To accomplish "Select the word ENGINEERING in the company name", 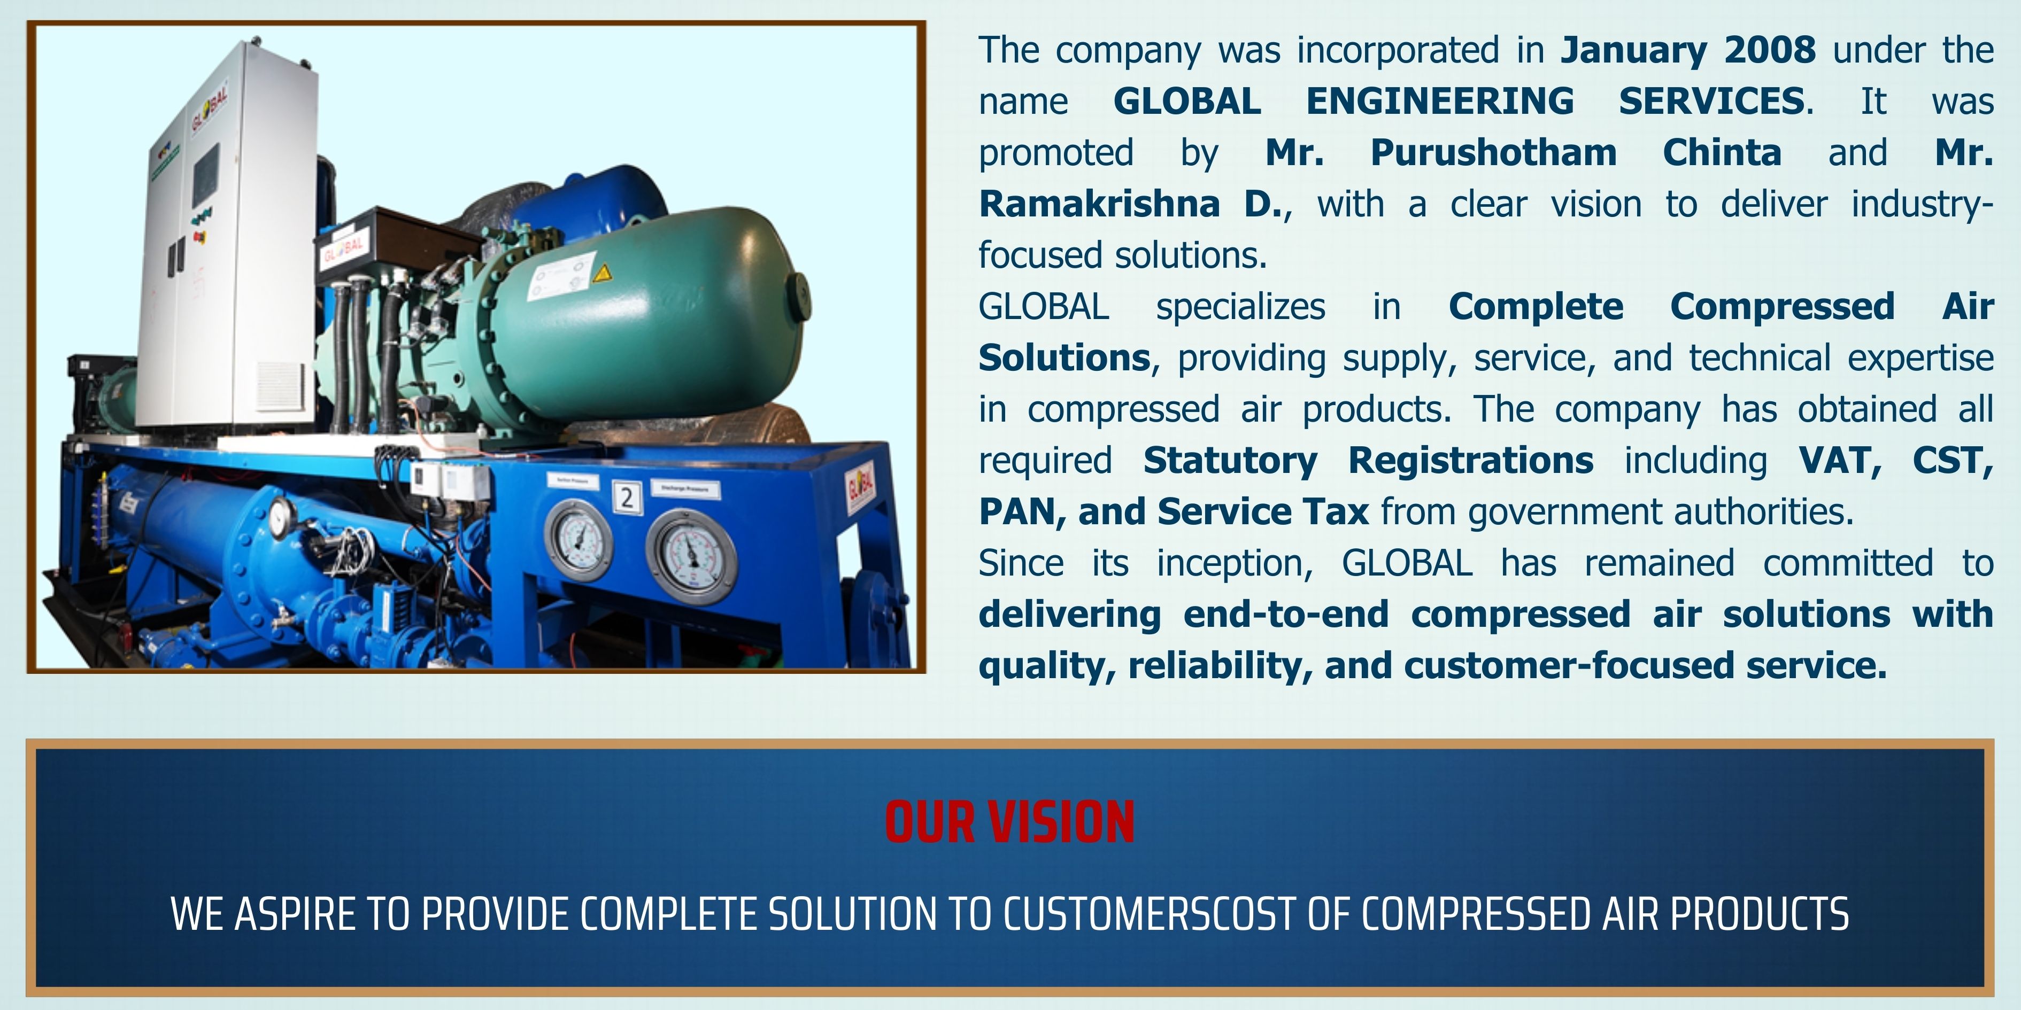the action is click(1440, 101).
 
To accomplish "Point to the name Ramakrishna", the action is click(1099, 204).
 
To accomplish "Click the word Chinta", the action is click(1722, 152).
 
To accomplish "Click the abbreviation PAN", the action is click(1022, 512).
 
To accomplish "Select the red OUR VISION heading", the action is click(1010, 822).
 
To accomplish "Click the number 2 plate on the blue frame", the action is click(626, 497).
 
